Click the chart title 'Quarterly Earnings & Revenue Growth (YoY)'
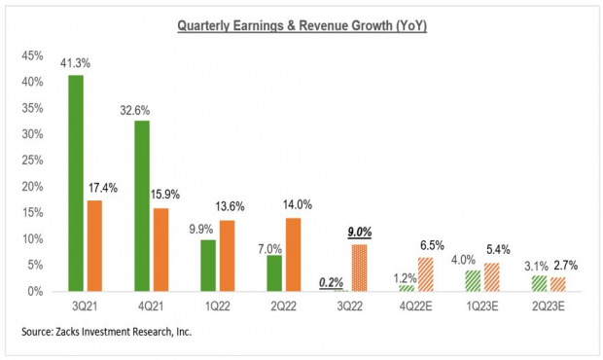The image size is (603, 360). pyautogui.click(x=301, y=25)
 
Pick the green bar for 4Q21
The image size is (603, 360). pyautogui.click(x=142, y=205)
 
